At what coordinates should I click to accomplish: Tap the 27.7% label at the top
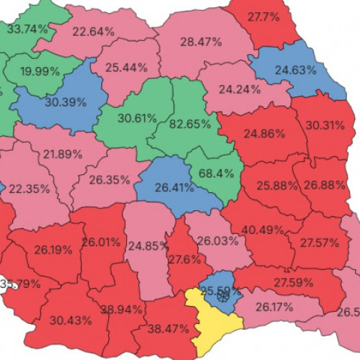tap(264, 16)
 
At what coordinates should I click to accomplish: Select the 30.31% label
tap(329, 125)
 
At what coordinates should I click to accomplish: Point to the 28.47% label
tap(201, 42)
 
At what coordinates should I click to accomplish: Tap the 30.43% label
tap(71, 319)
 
